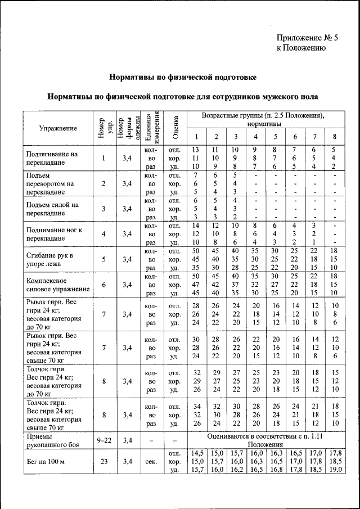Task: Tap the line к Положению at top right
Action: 301,48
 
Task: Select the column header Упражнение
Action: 58,128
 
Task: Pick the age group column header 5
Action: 275,137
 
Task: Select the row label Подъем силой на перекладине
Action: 52,209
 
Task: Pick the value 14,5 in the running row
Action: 196,453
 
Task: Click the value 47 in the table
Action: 196,285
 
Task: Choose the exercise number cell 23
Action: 103,461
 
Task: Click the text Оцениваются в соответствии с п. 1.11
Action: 265,436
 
